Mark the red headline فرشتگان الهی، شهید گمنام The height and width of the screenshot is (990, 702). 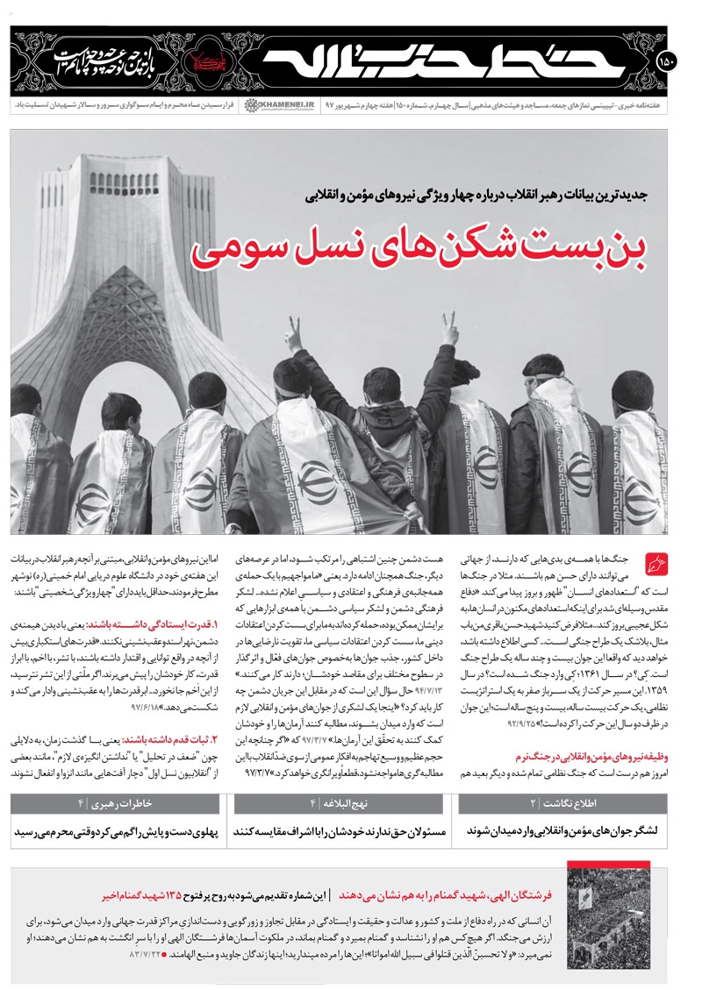[x=456, y=896]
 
